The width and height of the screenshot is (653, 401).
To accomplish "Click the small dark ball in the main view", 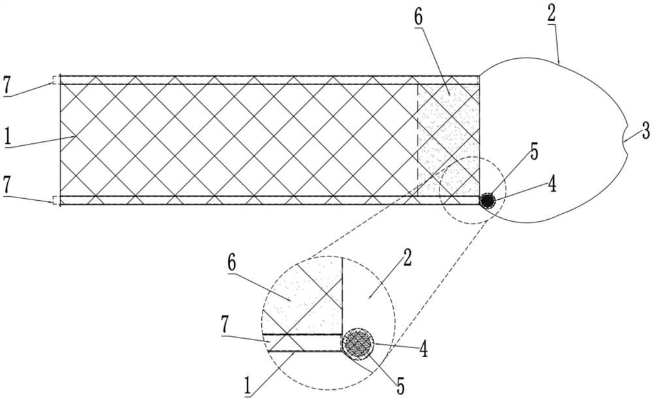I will point(486,201).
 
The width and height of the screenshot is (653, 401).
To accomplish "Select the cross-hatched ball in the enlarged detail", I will point(357,342).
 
